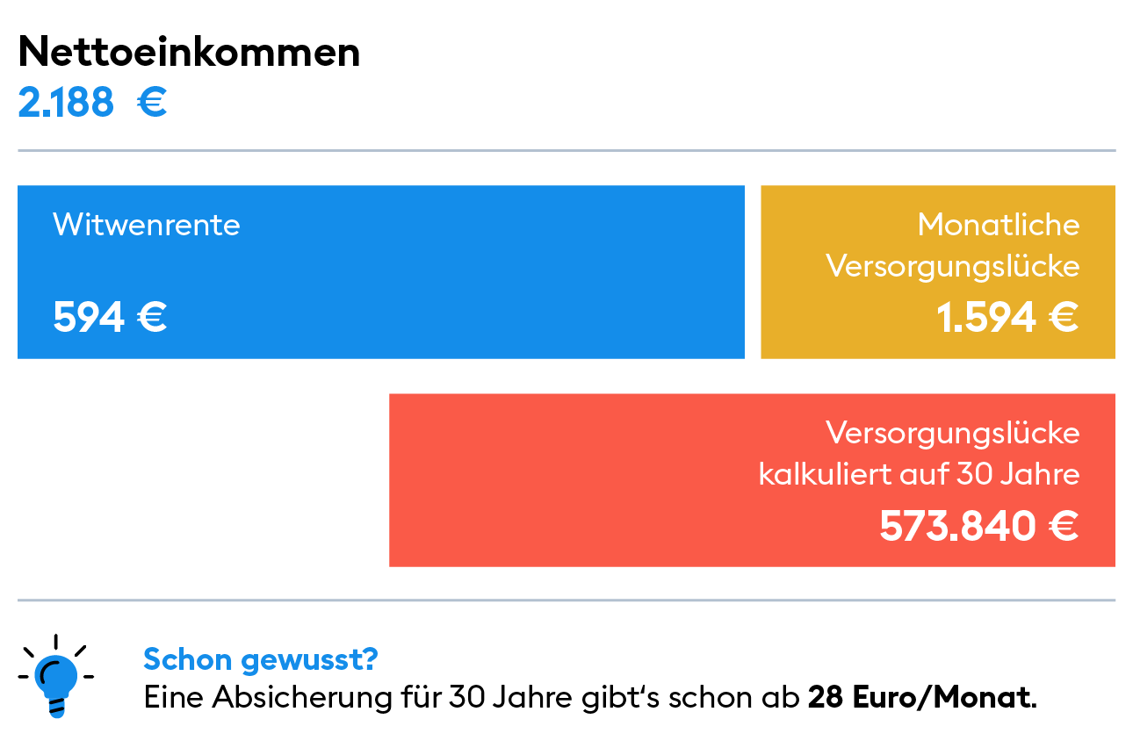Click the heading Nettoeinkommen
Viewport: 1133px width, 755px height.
point(189,53)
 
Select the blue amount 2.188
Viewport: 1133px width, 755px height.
point(66,104)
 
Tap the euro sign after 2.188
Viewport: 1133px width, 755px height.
point(152,104)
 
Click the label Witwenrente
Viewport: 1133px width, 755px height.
point(146,225)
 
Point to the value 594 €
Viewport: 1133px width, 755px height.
point(110,317)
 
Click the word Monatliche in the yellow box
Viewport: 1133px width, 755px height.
point(999,225)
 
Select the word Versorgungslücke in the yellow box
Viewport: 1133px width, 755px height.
point(953,267)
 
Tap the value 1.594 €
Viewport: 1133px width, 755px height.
point(1007,317)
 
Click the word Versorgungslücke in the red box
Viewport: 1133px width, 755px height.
point(953,433)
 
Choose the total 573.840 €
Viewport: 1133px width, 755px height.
point(979,527)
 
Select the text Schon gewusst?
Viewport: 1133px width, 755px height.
point(261,658)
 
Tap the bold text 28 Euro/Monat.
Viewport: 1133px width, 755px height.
point(922,699)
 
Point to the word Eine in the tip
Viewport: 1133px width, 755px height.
point(174,699)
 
